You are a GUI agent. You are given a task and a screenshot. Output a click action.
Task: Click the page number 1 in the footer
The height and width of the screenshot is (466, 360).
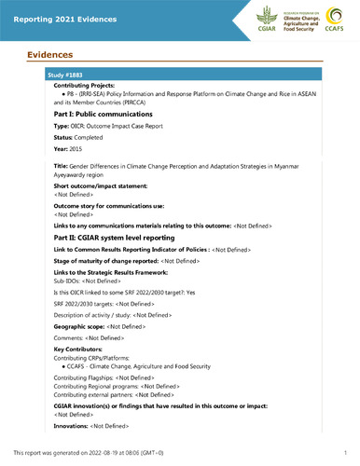click(344, 453)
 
